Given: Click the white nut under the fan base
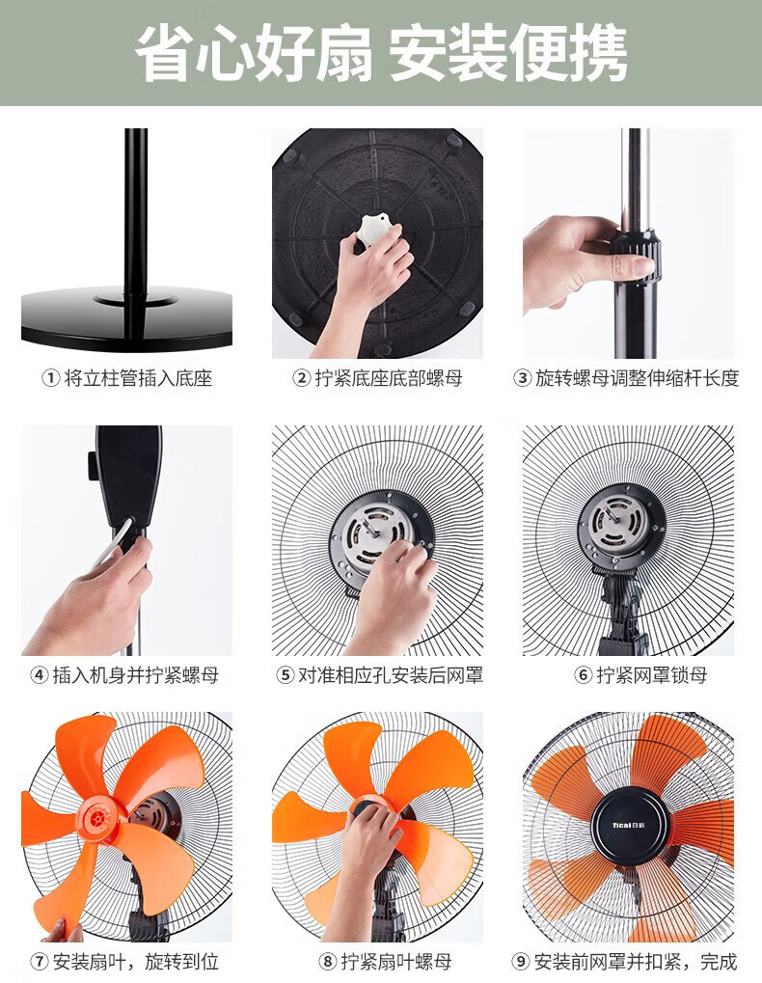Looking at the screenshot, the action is click(x=375, y=232).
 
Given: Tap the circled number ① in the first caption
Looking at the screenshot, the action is click(x=50, y=378).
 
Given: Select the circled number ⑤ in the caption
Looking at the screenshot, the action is click(x=286, y=675).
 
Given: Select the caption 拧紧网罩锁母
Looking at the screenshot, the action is click(x=652, y=675).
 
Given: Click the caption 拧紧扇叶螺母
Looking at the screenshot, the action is click(x=395, y=961).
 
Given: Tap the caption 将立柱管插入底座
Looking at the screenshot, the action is click(x=138, y=378).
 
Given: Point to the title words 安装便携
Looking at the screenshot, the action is click(x=509, y=53).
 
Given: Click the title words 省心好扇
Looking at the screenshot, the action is click(x=253, y=53).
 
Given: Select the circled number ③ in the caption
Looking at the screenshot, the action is click(x=522, y=378).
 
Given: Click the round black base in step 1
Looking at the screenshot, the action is click(x=127, y=317).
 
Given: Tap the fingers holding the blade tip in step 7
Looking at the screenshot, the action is click(x=64, y=930).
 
